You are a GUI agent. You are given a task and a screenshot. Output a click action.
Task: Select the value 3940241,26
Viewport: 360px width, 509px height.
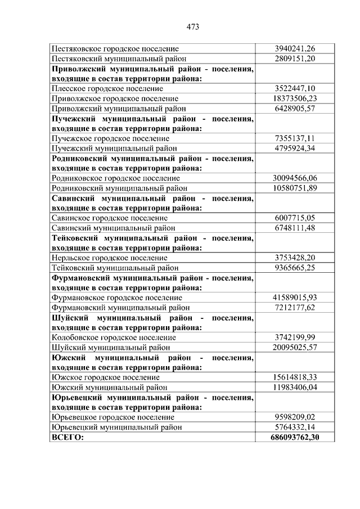click(295, 49)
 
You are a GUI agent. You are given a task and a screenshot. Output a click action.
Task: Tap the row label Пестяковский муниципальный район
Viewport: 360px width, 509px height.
click(118, 58)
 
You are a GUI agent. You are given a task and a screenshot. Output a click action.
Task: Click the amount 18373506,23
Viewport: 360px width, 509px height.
click(295, 98)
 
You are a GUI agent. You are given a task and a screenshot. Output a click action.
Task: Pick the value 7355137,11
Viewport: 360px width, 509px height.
click(295, 138)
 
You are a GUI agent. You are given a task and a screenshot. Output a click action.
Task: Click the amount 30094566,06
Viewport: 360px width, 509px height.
click(295, 178)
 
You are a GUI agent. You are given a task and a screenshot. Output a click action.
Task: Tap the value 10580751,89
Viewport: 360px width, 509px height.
click(295, 188)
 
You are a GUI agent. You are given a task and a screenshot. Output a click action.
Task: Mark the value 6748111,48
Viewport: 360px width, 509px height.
click(295, 228)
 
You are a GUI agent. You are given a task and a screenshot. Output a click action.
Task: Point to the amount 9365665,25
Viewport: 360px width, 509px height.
click(295, 268)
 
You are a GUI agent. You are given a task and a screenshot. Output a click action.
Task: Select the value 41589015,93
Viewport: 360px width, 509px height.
click(295, 298)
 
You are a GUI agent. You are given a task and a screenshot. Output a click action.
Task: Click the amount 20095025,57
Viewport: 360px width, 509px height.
click(295, 348)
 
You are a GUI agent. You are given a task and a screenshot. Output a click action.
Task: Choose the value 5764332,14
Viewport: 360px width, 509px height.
click(295, 427)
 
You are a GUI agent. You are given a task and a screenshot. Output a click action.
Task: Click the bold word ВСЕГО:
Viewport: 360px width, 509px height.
click(67, 438)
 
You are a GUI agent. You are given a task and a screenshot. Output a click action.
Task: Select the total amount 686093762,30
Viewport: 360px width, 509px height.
click(295, 438)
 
